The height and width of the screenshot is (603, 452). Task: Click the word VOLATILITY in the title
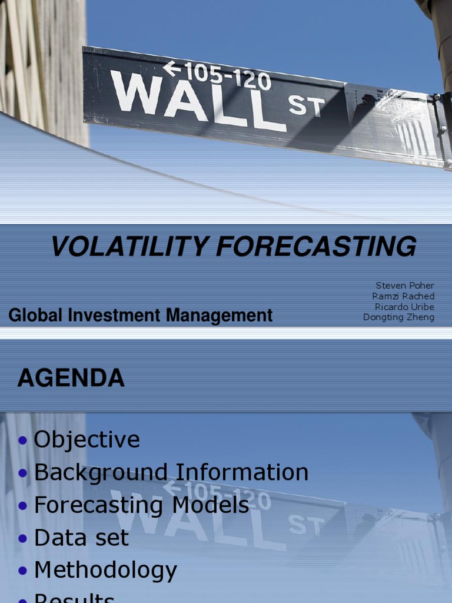click(130, 246)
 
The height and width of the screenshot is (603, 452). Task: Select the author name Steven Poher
click(405, 286)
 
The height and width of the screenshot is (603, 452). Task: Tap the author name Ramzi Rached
click(403, 296)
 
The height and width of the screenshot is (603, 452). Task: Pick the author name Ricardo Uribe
click(404, 307)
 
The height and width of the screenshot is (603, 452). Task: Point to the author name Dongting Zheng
click(398, 317)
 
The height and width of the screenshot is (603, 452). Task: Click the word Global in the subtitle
click(35, 316)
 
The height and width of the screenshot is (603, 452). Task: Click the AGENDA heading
click(71, 378)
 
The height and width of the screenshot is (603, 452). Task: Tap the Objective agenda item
click(87, 440)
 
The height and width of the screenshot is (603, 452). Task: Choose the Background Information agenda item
click(171, 472)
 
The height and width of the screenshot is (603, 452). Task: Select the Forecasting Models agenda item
click(141, 505)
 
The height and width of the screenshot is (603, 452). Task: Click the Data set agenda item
click(81, 538)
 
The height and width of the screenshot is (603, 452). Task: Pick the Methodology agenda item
click(105, 570)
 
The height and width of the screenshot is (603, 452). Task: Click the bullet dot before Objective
click(23, 440)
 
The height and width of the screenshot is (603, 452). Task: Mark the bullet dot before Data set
click(23, 538)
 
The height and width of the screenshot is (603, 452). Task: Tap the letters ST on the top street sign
click(305, 107)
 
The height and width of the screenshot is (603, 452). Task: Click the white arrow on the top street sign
click(172, 69)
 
